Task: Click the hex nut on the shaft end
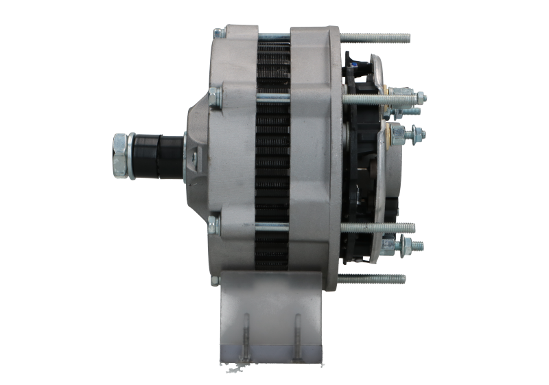(121, 156)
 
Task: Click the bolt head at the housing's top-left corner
(218, 32)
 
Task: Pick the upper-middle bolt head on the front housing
(215, 99)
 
